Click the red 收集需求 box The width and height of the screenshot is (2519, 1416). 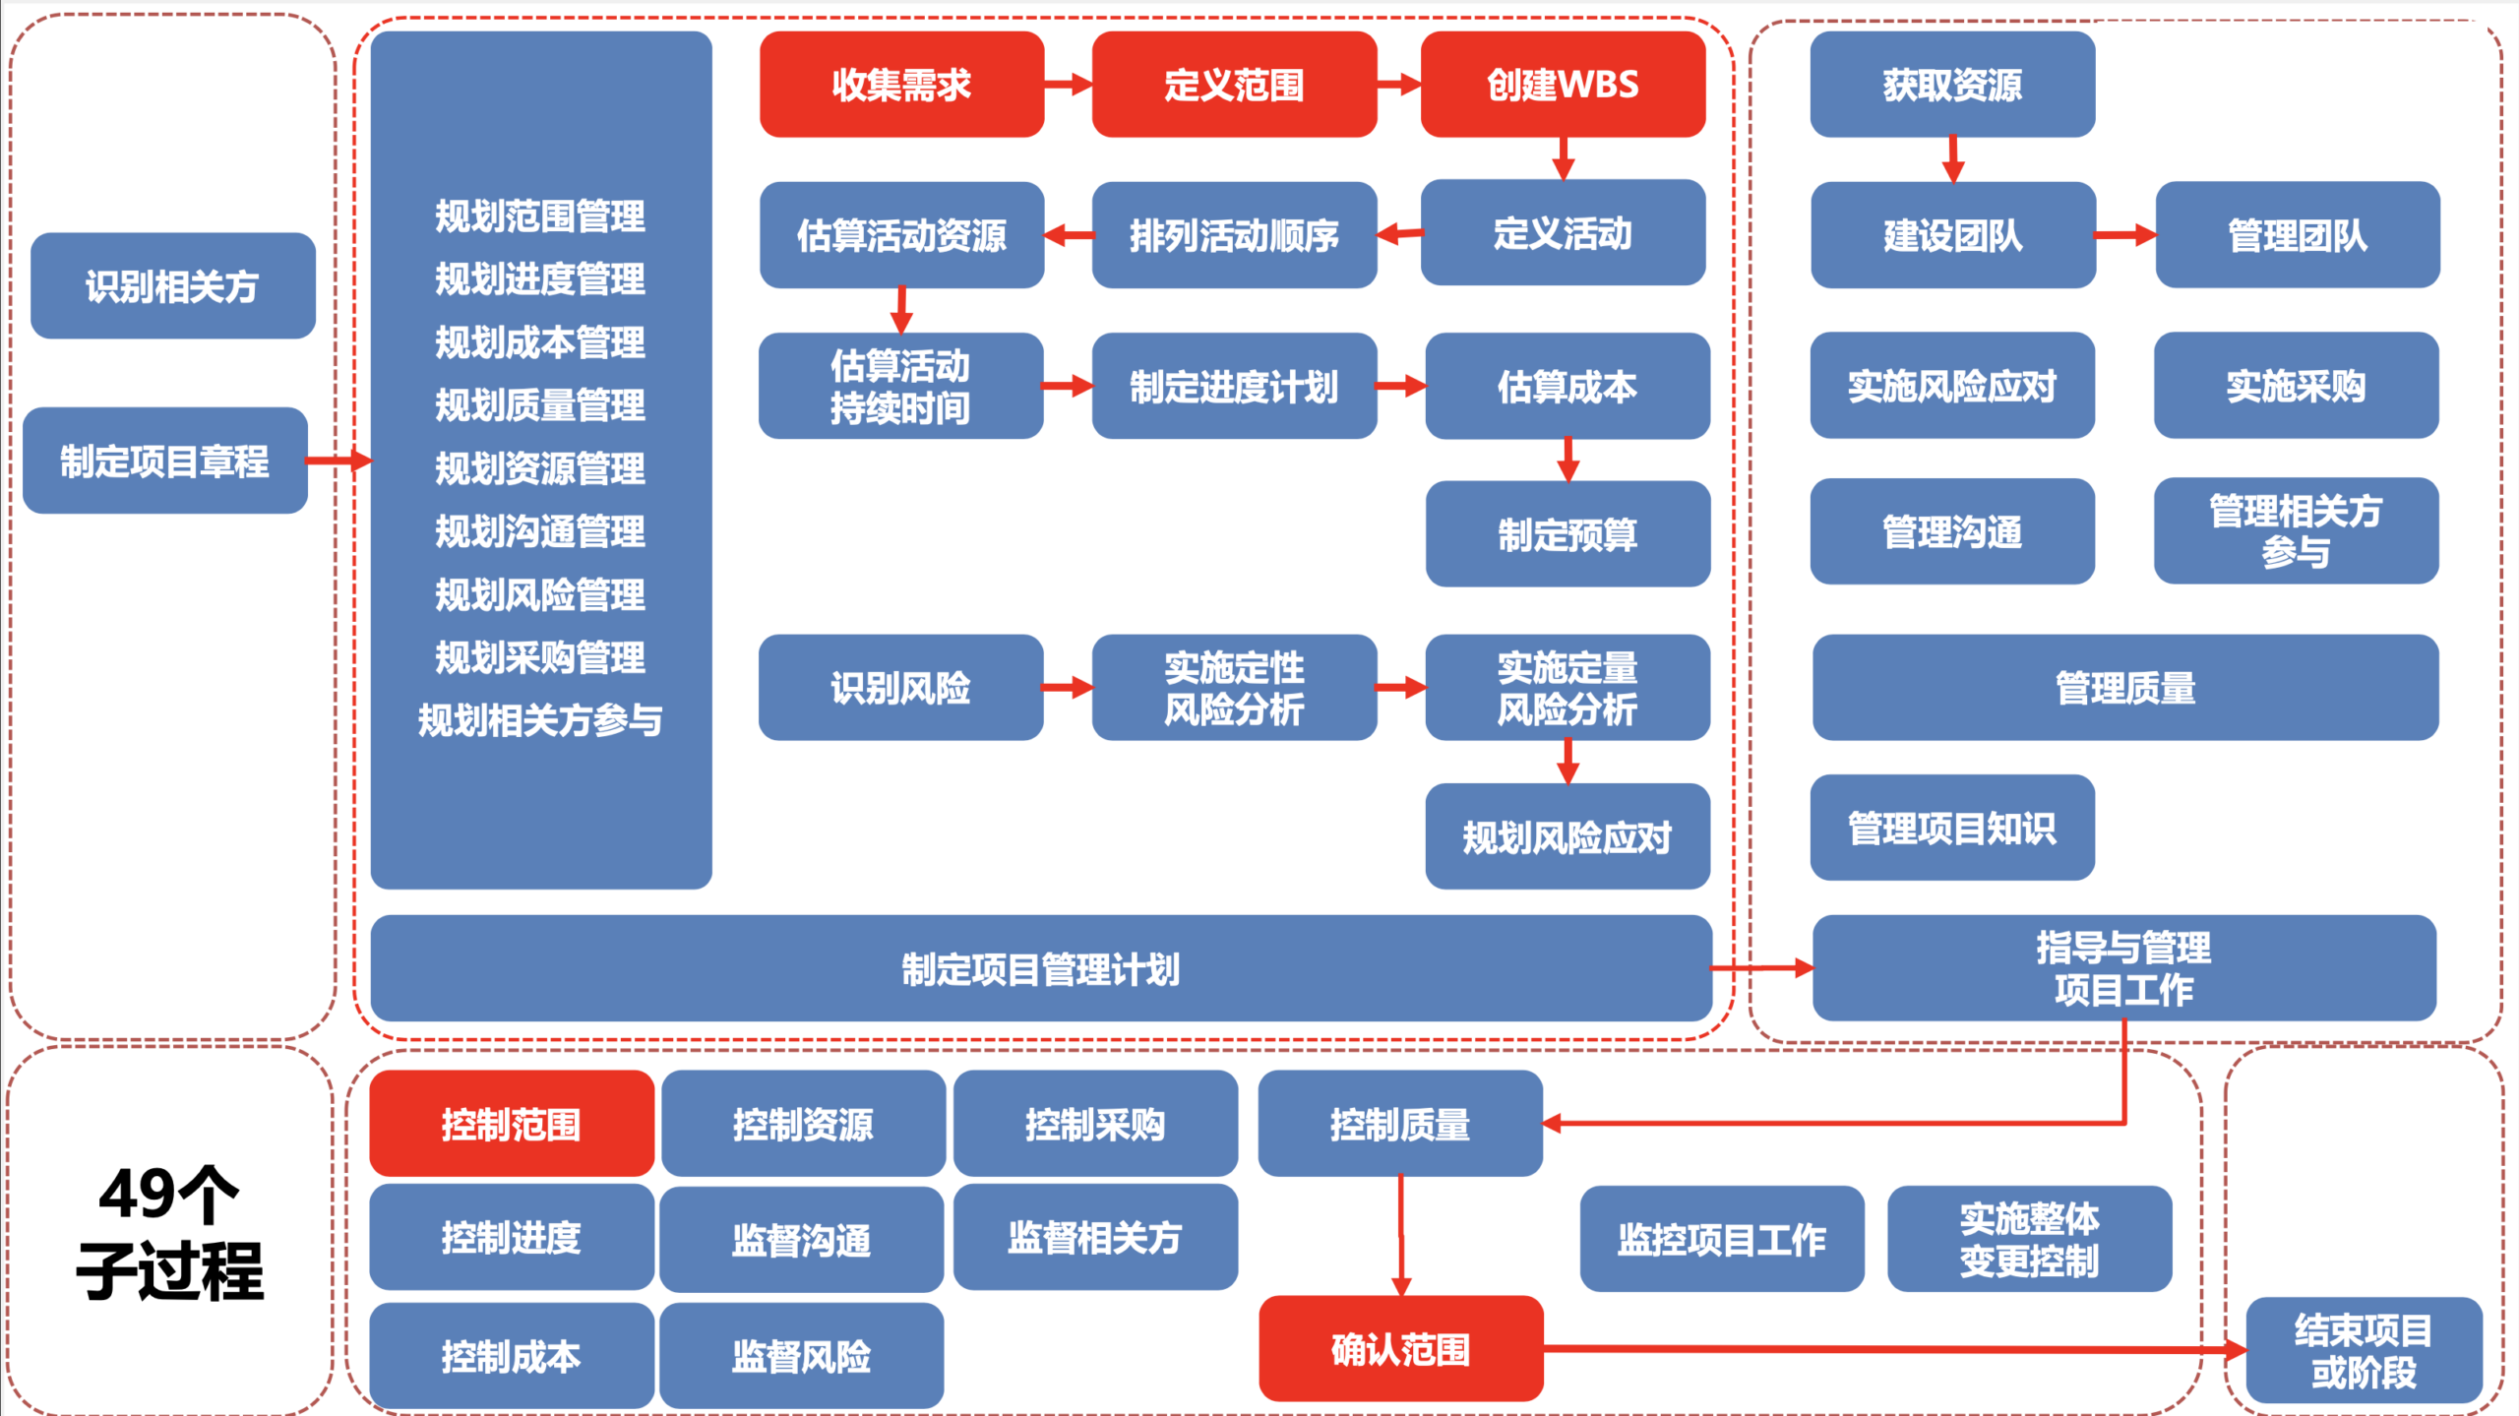(901, 85)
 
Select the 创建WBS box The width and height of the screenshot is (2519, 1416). (1563, 85)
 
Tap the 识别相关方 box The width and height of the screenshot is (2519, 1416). (173, 286)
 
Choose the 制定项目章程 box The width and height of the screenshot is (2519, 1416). (165, 461)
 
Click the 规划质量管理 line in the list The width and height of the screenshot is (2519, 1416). (540, 404)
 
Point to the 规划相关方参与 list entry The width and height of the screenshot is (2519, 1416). (540, 720)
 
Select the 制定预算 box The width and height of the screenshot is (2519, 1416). (1567, 534)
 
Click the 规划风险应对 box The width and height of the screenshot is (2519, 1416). (1567, 836)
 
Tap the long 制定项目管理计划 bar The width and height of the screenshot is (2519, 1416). (1041, 968)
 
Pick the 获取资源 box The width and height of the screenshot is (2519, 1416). (1952, 85)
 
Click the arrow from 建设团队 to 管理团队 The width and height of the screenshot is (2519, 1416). (2125, 235)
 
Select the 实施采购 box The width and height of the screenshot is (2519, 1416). (2297, 386)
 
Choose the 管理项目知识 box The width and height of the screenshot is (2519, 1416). (1952, 828)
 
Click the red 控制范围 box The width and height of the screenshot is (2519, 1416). (512, 1124)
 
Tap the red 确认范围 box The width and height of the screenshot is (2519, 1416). (1401, 1349)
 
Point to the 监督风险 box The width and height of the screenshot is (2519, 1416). (802, 1356)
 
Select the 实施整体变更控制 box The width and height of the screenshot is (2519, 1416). (2029, 1239)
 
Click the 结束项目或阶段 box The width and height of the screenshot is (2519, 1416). (2364, 1350)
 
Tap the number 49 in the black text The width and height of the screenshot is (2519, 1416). (137, 1195)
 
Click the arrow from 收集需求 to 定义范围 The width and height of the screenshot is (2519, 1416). (1069, 85)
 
